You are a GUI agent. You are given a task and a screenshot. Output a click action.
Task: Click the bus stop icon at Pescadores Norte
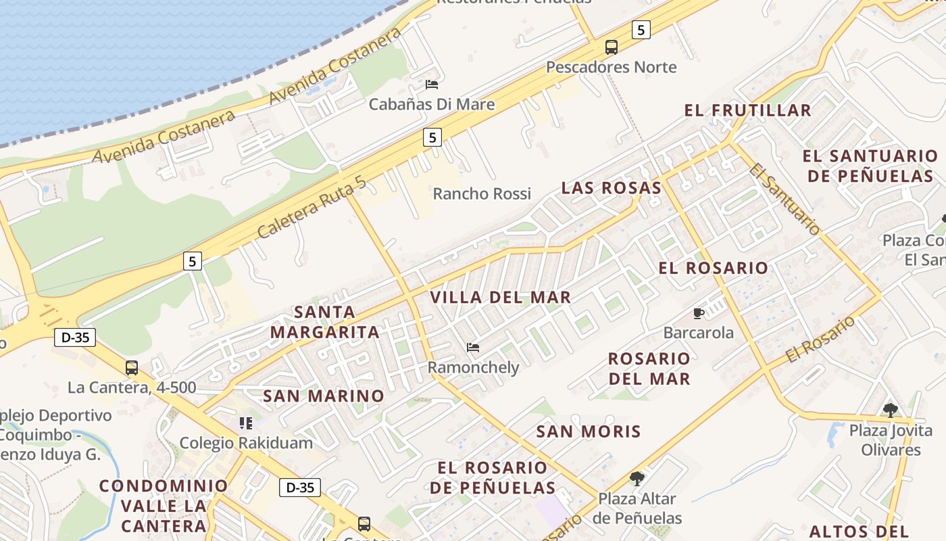[611, 47]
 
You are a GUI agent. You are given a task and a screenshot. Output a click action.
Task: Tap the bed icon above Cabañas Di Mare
[432, 85]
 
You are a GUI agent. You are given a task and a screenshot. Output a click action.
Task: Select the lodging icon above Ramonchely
[473, 348]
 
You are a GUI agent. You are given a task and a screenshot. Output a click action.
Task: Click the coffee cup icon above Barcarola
[699, 313]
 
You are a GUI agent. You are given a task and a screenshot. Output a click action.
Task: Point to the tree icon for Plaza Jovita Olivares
[891, 410]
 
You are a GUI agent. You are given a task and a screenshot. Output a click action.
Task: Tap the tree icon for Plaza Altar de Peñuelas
[637, 479]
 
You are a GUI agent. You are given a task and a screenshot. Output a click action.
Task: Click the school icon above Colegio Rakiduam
[246, 423]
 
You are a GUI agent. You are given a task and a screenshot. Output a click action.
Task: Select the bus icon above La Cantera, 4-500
[132, 368]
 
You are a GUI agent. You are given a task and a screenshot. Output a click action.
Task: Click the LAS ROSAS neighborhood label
[612, 188]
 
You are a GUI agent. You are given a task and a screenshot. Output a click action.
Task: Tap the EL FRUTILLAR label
[748, 110]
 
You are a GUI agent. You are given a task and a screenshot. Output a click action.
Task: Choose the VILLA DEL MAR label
[501, 297]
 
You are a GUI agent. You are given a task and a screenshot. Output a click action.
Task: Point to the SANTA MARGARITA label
[325, 322]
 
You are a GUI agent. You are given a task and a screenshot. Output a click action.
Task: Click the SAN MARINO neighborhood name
[324, 396]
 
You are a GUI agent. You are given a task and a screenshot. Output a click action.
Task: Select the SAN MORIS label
[589, 431]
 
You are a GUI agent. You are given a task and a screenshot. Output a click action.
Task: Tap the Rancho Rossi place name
[482, 193]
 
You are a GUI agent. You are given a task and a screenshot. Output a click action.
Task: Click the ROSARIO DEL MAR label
[649, 369]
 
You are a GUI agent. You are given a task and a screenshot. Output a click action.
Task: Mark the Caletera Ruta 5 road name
[312, 207]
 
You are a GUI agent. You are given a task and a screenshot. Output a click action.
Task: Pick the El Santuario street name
[785, 199]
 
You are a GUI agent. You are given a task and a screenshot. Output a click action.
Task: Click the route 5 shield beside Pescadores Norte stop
[641, 29]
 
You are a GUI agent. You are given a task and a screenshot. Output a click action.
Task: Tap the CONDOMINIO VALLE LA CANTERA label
[164, 505]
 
